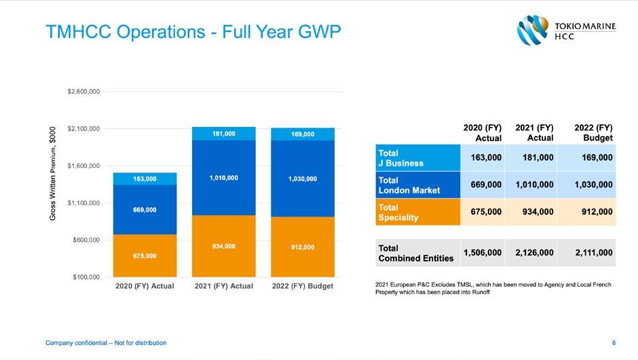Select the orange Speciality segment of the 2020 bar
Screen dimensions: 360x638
coord(145,255)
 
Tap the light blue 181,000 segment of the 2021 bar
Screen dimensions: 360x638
coord(223,134)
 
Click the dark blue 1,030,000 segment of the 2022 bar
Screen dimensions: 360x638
coord(302,179)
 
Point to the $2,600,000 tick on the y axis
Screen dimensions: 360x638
coord(84,91)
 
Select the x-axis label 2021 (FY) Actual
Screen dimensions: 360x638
coord(223,286)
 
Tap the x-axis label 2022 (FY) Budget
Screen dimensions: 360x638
coord(302,286)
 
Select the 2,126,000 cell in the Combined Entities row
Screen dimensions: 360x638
coord(533,253)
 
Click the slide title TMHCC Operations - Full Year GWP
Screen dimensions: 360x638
coord(192,32)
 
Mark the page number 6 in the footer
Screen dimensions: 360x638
coord(614,343)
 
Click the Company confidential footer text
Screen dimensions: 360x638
coord(105,343)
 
